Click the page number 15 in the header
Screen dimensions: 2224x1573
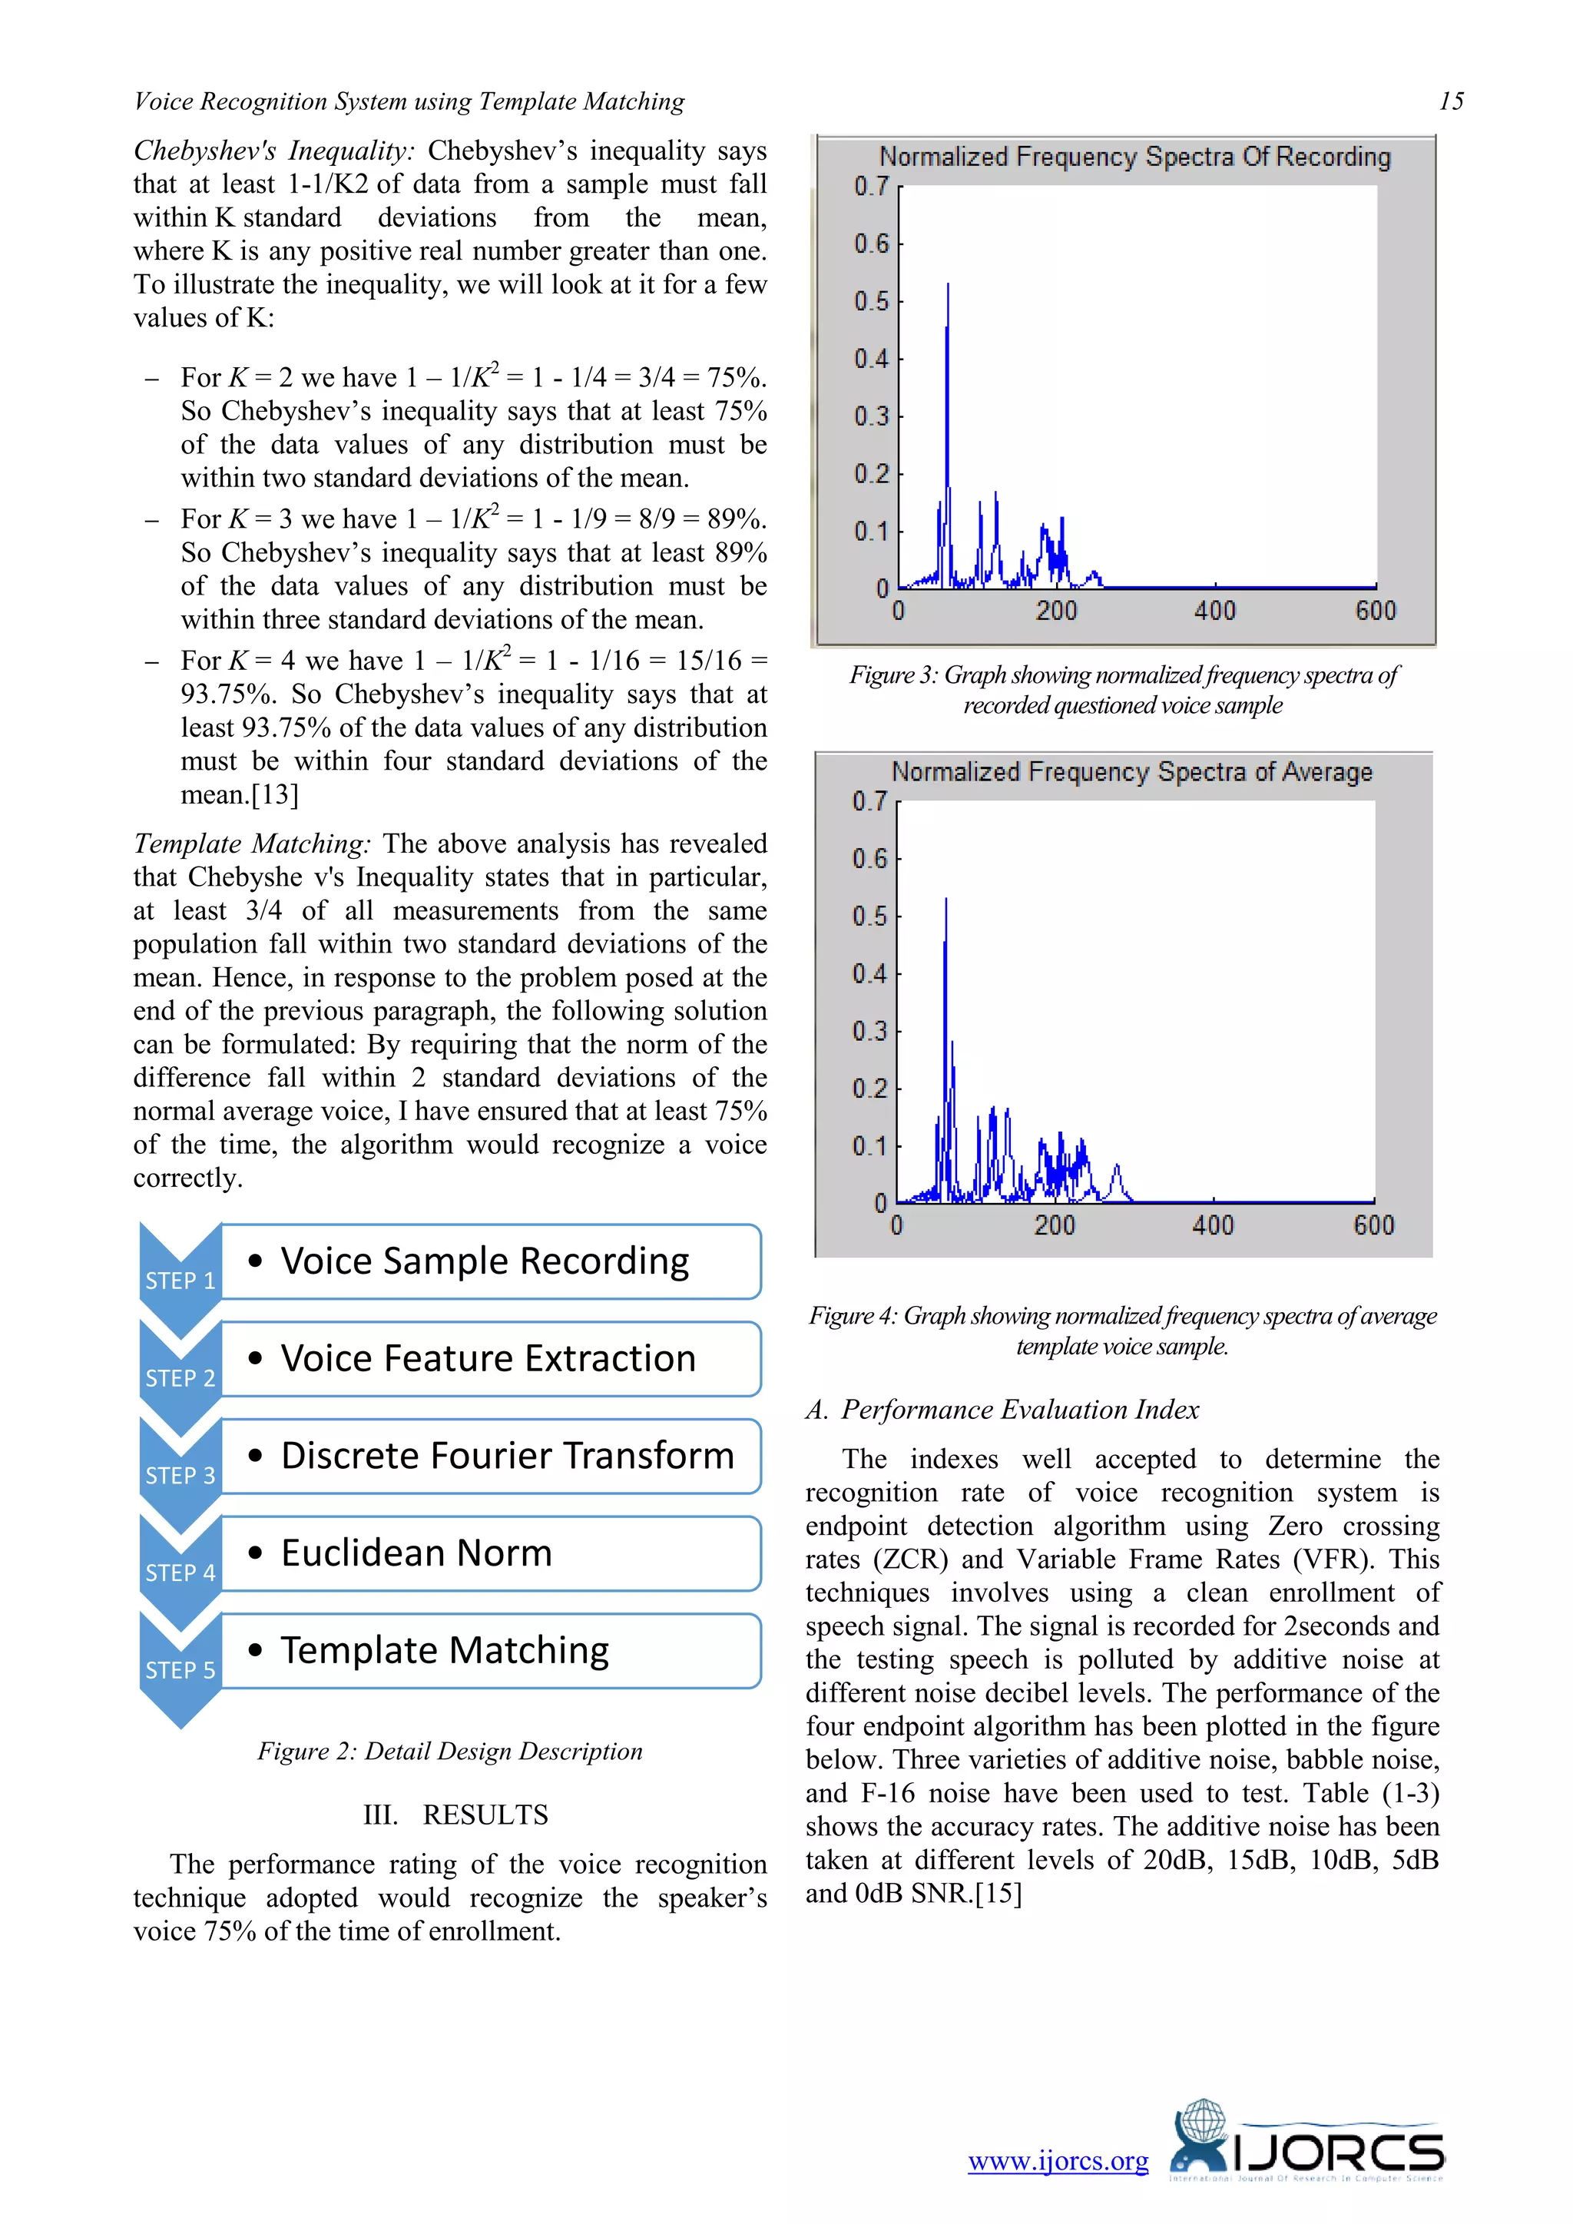click(x=1450, y=101)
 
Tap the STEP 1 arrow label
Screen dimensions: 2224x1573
click(x=180, y=1281)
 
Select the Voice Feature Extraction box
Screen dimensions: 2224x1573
click(x=490, y=1359)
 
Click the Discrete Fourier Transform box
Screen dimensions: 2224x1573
click(x=490, y=1456)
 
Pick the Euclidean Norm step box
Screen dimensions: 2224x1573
click(x=490, y=1553)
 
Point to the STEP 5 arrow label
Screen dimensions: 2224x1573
click(x=180, y=1670)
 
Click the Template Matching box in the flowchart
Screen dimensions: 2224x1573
click(x=490, y=1651)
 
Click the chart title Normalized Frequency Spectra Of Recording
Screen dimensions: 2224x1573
click(x=1134, y=157)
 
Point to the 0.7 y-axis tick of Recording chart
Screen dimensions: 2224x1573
click(x=871, y=186)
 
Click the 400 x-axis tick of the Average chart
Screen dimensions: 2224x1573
click(x=1213, y=1225)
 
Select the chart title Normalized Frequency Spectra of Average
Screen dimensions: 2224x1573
click(x=1131, y=772)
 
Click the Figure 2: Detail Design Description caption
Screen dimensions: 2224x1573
click(x=449, y=1752)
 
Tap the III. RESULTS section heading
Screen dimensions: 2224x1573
click(x=455, y=1815)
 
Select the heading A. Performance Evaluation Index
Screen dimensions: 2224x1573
click(x=1002, y=1410)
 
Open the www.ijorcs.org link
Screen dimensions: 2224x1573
click(x=1058, y=2161)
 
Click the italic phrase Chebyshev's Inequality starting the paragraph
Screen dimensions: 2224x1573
click(x=274, y=151)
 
